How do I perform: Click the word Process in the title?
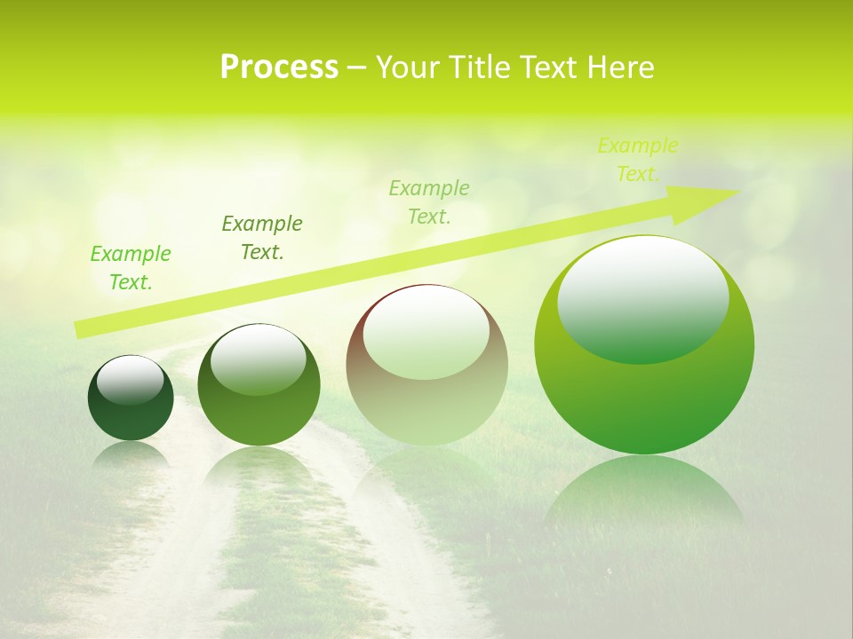point(279,67)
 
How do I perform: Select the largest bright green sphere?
point(644,390)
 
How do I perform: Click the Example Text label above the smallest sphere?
point(131,268)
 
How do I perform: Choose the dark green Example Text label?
point(262,238)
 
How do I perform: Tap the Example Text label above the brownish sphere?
point(429,202)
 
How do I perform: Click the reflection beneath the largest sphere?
point(644,493)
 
